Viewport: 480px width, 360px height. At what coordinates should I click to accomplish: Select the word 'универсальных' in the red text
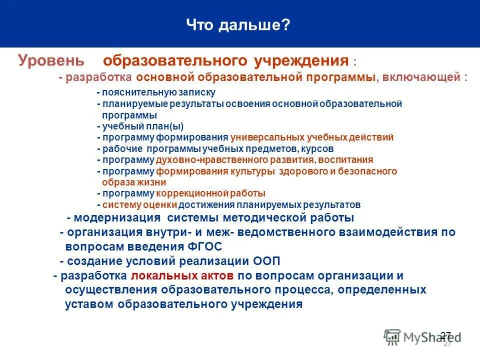pos(262,137)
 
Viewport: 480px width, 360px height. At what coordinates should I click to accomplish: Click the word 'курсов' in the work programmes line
pos(318,148)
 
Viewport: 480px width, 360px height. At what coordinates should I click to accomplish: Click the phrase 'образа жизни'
pos(134,182)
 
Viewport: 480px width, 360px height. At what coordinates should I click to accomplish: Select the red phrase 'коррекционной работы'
pos(210,193)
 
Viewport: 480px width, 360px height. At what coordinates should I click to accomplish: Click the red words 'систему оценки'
pos(140,204)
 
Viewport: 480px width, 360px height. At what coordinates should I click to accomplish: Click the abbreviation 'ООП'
pos(265,261)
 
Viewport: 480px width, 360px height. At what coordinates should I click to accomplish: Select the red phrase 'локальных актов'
pos(182,275)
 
